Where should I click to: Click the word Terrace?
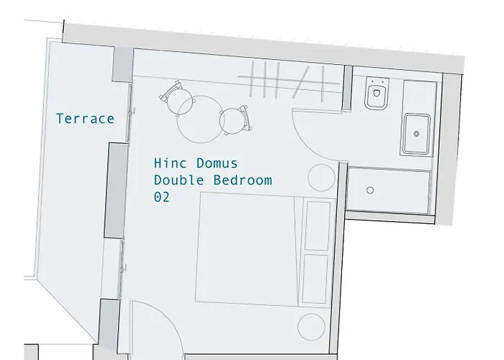(x=85, y=119)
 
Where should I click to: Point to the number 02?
(x=162, y=197)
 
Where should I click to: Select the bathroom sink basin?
(x=417, y=134)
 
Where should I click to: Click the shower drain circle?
(x=370, y=190)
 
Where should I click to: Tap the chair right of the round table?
(x=235, y=120)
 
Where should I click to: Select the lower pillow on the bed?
(x=317, y=278)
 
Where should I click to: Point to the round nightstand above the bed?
(x=320, y=177)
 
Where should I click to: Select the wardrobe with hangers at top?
(x=288, y=78)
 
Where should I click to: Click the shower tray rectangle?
(x=390, y=190)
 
